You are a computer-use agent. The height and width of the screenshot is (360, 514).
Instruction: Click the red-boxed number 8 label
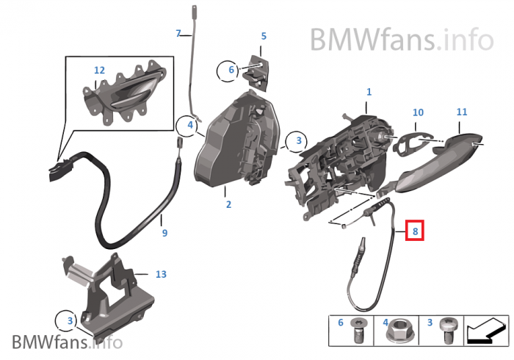click(415, 231)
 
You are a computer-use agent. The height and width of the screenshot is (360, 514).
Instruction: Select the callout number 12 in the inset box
click(99, 71)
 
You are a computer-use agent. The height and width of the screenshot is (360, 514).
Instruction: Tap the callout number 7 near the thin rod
click(178, 34)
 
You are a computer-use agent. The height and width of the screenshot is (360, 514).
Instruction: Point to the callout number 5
click(264, 36)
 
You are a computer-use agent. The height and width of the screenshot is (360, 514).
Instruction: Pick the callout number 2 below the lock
click(228, 204)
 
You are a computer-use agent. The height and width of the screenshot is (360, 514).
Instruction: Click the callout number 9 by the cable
click(164, 233)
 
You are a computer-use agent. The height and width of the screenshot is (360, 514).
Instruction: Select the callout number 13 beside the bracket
click(161, 274)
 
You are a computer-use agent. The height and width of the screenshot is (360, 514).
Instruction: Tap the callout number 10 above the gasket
click(418, 112)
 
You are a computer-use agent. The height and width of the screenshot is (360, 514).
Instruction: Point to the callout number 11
click(462, 112)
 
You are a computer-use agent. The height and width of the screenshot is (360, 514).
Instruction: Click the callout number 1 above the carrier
click(369, 92)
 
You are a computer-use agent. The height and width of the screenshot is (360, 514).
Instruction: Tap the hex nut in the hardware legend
click(398, 331)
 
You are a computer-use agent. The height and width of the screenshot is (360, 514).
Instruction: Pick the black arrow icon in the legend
click(486, 331)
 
